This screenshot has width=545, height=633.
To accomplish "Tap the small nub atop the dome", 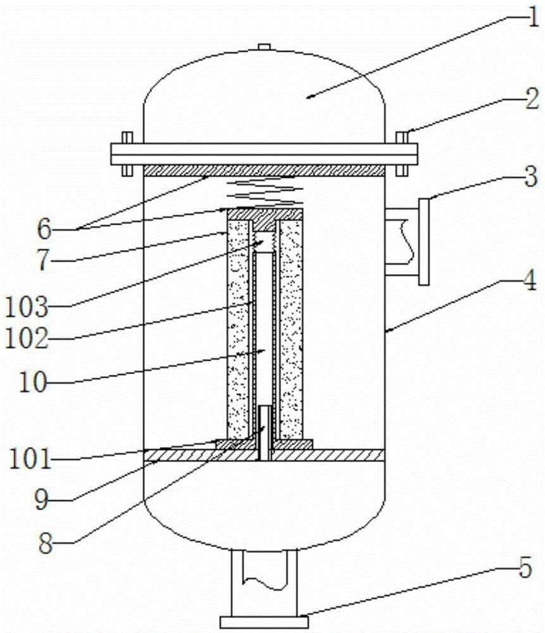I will [x=265, y=46].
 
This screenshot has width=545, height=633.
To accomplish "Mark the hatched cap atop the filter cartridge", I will [x=265, y=215].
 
